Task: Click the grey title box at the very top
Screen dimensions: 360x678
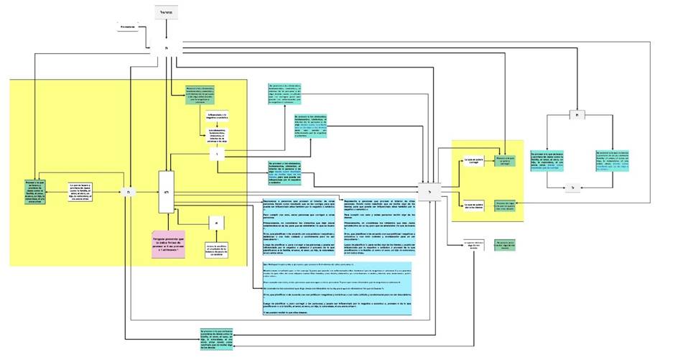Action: tap(165, 13)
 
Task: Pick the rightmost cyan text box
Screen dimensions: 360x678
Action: tap(615, 161)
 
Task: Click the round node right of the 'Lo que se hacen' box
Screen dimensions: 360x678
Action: tap(127, 193)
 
